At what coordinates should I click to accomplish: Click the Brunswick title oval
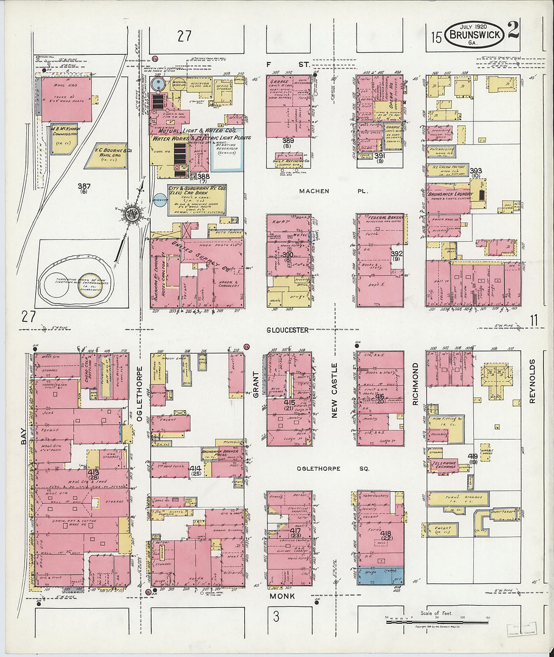click(x=475, y=35)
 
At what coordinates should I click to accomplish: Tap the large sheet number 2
click(x=513, y=31)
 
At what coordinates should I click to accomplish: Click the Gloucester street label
click(x=288, y=330)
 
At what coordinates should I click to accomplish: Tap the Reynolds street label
click(x=532, y=382)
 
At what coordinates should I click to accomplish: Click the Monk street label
click(x=282, y=596)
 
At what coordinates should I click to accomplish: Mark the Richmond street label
click(x=415, y=384)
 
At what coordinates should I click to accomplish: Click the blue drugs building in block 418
click(x=380, y=575)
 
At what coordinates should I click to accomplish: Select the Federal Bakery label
click(x=381, y=218)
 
